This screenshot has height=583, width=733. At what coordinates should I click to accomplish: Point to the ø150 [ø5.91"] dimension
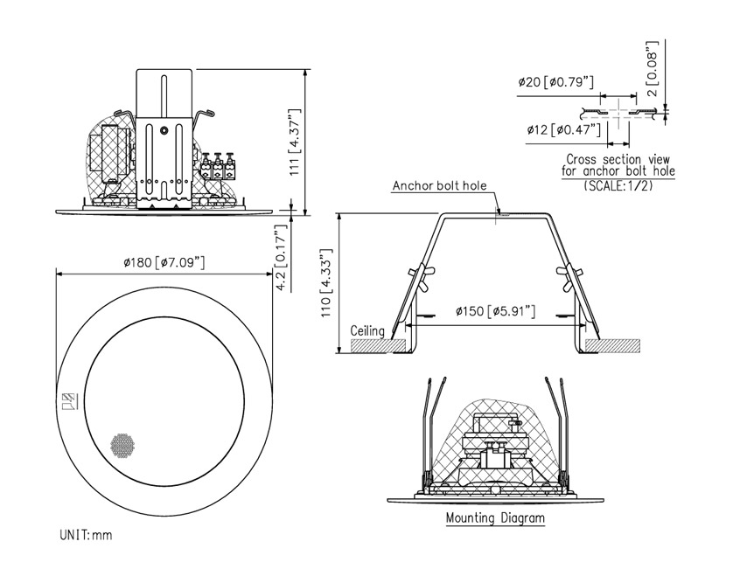point(496,312)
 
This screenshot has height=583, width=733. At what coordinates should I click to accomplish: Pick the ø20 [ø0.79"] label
point(556,83)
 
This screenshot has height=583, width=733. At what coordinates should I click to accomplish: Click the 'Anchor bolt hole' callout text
point(439,186)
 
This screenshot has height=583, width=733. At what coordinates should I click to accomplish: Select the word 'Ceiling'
point(367,331)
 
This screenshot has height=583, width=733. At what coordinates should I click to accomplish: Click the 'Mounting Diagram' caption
point(495,518)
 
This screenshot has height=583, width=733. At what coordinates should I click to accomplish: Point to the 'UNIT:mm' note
point(86,533)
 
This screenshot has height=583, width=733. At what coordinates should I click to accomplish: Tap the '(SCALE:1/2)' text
point(618,185)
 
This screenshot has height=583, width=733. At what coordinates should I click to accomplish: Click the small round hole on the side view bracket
point(165,132)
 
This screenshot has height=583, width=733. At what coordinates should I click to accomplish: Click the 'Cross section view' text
point(618,159)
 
